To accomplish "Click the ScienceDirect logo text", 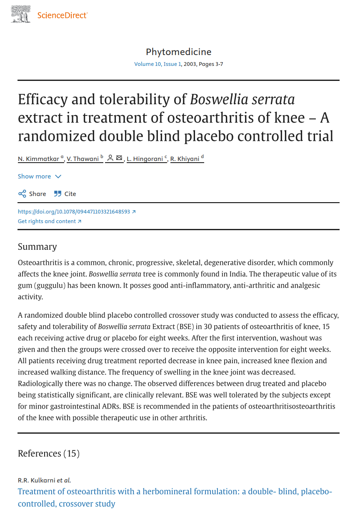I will (62, 15).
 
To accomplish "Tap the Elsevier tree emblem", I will (21, 14).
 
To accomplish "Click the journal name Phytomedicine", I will (178, 52).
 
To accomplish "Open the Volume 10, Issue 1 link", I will (157, 64).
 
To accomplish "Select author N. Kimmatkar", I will (38, 159).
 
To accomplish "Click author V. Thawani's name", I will (83, 159).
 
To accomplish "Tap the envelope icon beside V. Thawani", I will (119, 158).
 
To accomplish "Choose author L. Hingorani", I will (145, 159).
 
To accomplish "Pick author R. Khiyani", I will (185, 159).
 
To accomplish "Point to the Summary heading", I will (37, 247).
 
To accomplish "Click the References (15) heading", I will (48, 454).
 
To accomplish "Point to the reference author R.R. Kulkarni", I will (37, 480).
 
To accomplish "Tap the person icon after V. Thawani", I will (110, 158).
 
